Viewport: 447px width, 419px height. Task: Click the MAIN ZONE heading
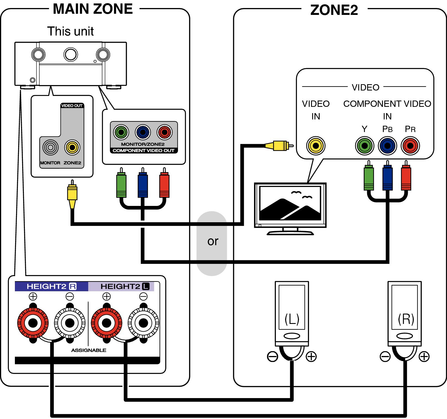[93, 9]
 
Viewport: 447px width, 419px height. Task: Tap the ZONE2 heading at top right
[334, 10]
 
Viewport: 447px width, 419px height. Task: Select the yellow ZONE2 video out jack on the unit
[72, 147]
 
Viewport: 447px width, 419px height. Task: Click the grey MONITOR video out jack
[50, 147]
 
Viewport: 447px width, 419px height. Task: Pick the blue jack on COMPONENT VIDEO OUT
[143, 132]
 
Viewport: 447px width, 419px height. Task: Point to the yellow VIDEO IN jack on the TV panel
[316, 146]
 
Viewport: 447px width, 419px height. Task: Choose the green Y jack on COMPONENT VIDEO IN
[364, 146]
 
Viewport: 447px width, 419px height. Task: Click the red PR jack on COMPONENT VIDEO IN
[410, 146]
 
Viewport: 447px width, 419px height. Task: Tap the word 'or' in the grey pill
[213, 241]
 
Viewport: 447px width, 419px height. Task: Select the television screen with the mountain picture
[290, 203]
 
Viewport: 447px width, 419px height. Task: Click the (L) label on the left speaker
[292, 319]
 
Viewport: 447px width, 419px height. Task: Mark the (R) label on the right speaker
[406, 319]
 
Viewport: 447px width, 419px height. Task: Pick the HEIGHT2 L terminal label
[125, 286]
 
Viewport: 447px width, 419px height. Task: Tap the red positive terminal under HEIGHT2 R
[33, 323]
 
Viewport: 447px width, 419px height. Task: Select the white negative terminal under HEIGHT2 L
[143, 323]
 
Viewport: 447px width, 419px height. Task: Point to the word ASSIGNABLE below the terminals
[89, 350]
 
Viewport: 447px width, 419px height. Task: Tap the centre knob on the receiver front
[71, 54]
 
